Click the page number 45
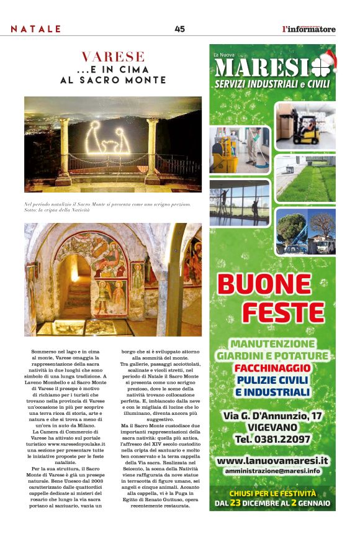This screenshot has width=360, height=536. [x=179, y=29]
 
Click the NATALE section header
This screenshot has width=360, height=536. [x=36, y=29]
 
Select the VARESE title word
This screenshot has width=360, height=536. [x=113, y=58]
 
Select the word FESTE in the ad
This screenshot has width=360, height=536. [x=282, y=312]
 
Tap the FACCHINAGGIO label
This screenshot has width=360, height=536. [x=272, y=368]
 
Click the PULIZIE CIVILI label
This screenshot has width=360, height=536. [x=272, y=379]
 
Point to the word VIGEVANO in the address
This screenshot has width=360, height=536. [x=272, y=427]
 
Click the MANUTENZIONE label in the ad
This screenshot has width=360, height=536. [x=272, y=343]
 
